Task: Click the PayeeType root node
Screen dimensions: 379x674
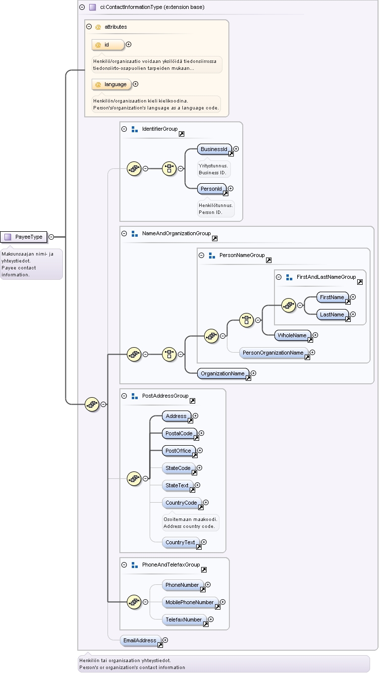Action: click(x=24, y=237)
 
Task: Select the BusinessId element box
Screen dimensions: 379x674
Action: click(x=215, y=149)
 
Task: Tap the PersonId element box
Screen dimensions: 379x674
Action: click(x=212, y=189)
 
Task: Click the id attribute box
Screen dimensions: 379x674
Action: click(x=108, y=45)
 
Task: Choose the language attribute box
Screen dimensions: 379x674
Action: click(x=111, y=85)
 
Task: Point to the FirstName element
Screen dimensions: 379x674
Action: click(x=332, y=297)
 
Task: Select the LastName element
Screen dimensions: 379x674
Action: click(x=332, y=315)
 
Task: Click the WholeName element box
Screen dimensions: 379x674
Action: click(x=293, y=335)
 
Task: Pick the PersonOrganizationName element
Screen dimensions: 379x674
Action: click(x=273, y=353)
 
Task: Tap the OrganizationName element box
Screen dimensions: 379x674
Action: click(x=223, y=373)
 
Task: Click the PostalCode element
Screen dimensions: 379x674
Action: click(x=179, y=433)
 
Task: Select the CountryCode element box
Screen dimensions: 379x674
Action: click(x=181, y=503)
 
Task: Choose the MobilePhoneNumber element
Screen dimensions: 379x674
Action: click(x=190, y=602)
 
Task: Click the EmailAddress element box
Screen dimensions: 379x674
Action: click(x=140, y=640)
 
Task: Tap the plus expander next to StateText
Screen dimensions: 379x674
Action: click(x=198, y=485)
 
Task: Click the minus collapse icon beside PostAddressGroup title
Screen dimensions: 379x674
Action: click(x=124, y=396)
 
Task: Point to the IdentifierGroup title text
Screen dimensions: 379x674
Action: click(x=160, y=129)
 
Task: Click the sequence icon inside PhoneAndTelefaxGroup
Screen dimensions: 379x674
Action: click(x=134, y=602)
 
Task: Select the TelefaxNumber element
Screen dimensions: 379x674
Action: click(x=184, y=620)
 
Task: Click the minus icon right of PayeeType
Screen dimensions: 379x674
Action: click(x=52, y=237)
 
